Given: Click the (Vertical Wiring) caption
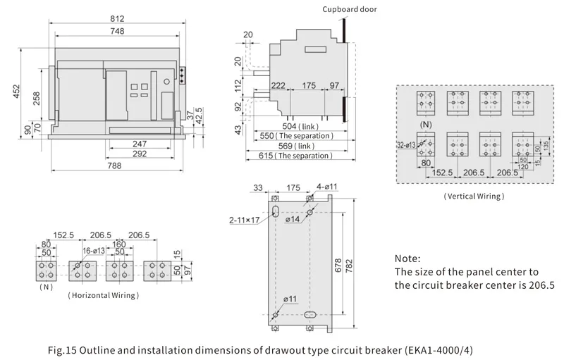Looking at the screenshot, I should point(474,197).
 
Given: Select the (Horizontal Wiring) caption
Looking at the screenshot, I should point(103,295).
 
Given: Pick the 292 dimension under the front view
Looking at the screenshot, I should point(140,154).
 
